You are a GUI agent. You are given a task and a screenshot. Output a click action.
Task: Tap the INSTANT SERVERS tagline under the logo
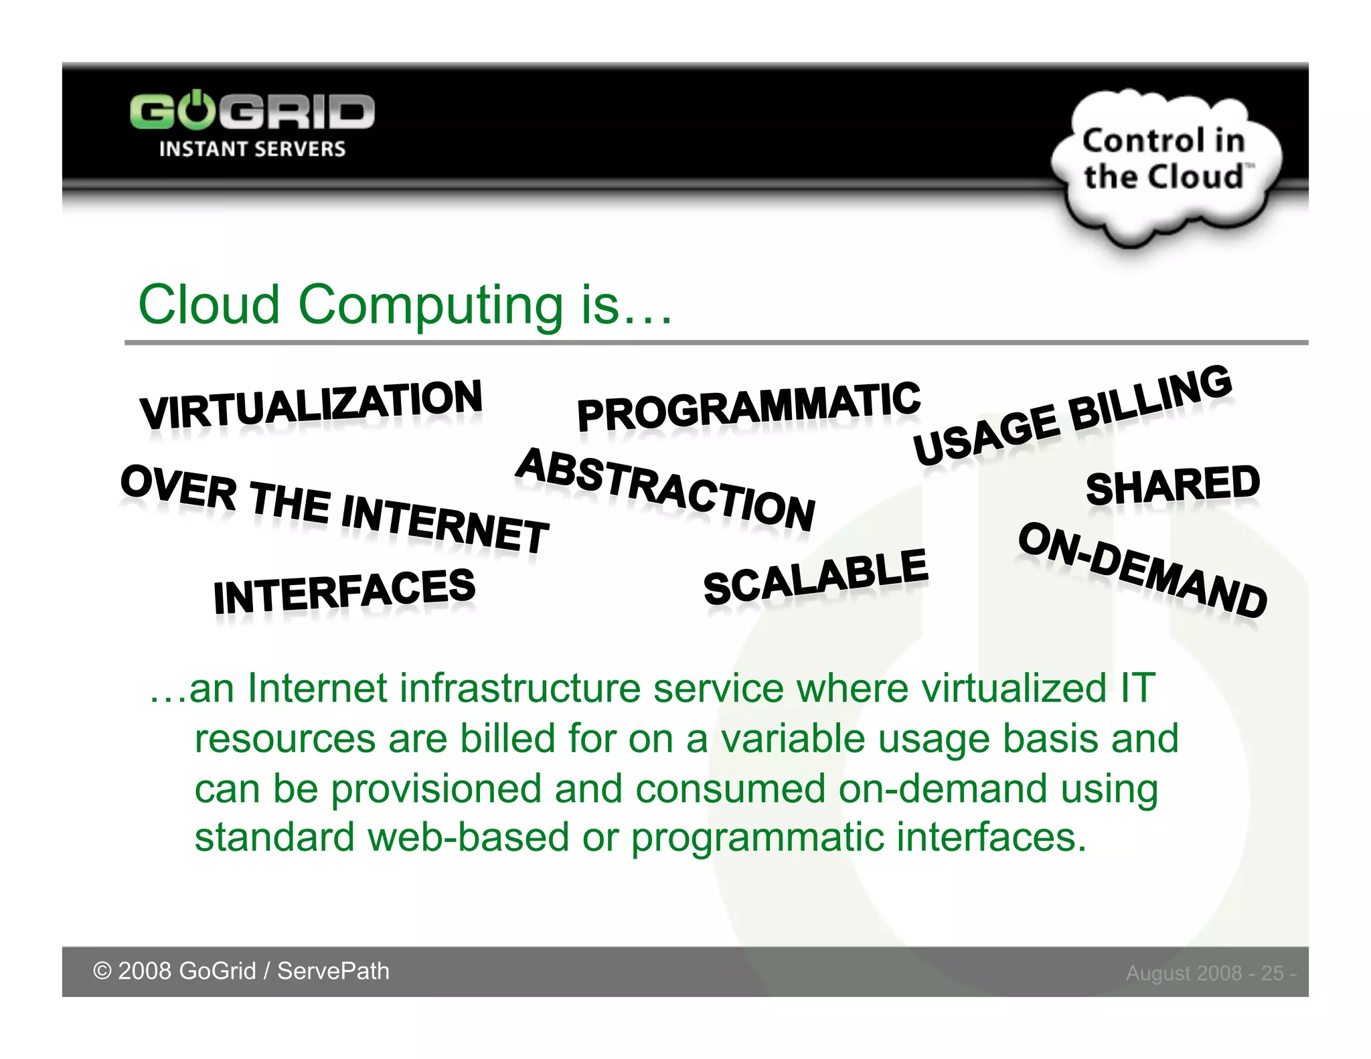coord(252,149)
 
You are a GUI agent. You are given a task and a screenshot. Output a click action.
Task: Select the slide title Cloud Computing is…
coord(405,305)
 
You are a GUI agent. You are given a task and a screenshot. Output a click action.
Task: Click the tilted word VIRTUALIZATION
coord(311,404)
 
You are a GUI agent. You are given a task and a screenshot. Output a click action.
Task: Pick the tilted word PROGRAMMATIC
coord(748,406)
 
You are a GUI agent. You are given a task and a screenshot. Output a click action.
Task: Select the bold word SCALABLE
coord(815,577)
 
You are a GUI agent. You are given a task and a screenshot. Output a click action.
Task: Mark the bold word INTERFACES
coord(344,592)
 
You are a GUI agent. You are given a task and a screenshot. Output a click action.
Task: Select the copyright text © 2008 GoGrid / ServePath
coord(241,971)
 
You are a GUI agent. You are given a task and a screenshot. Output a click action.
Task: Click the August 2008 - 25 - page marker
coord(1210,973)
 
